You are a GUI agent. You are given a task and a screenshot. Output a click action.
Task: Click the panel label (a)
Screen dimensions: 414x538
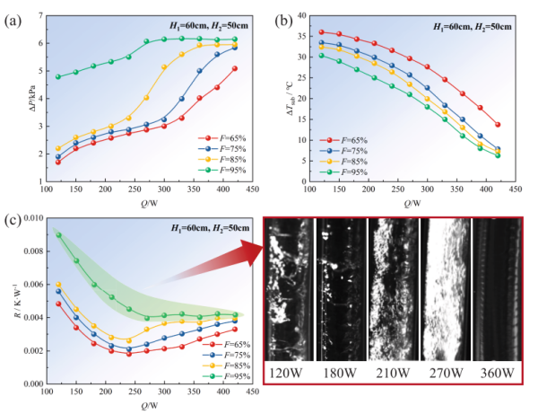[x=12, y=13]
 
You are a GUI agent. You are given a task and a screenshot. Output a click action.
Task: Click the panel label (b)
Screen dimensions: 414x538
[x=281, y=13]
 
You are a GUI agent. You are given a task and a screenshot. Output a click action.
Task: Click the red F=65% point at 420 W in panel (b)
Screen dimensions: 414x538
[x=498, y=125]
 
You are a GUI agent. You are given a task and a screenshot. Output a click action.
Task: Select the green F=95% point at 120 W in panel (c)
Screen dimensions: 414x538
[x=59, y=234]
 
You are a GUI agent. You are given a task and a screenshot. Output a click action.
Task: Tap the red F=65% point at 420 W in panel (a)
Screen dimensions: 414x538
[x=235, y=68]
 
